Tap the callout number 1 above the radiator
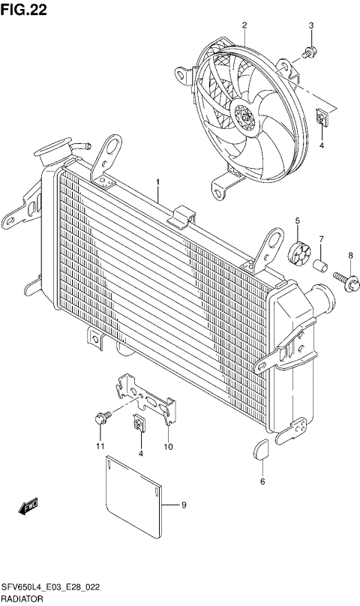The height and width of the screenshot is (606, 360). click(x=157, y=182)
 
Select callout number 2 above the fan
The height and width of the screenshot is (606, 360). click(x=244, y=26)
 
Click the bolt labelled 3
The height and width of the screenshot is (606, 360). click(x=309, y=52)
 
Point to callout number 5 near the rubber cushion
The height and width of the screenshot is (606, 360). click(x=297, y=220)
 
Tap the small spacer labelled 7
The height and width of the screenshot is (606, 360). click(x=320, y=265)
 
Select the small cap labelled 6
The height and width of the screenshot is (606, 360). click(x=262, y=448)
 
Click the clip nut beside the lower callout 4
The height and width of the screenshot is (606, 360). click(x=139, y=425)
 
